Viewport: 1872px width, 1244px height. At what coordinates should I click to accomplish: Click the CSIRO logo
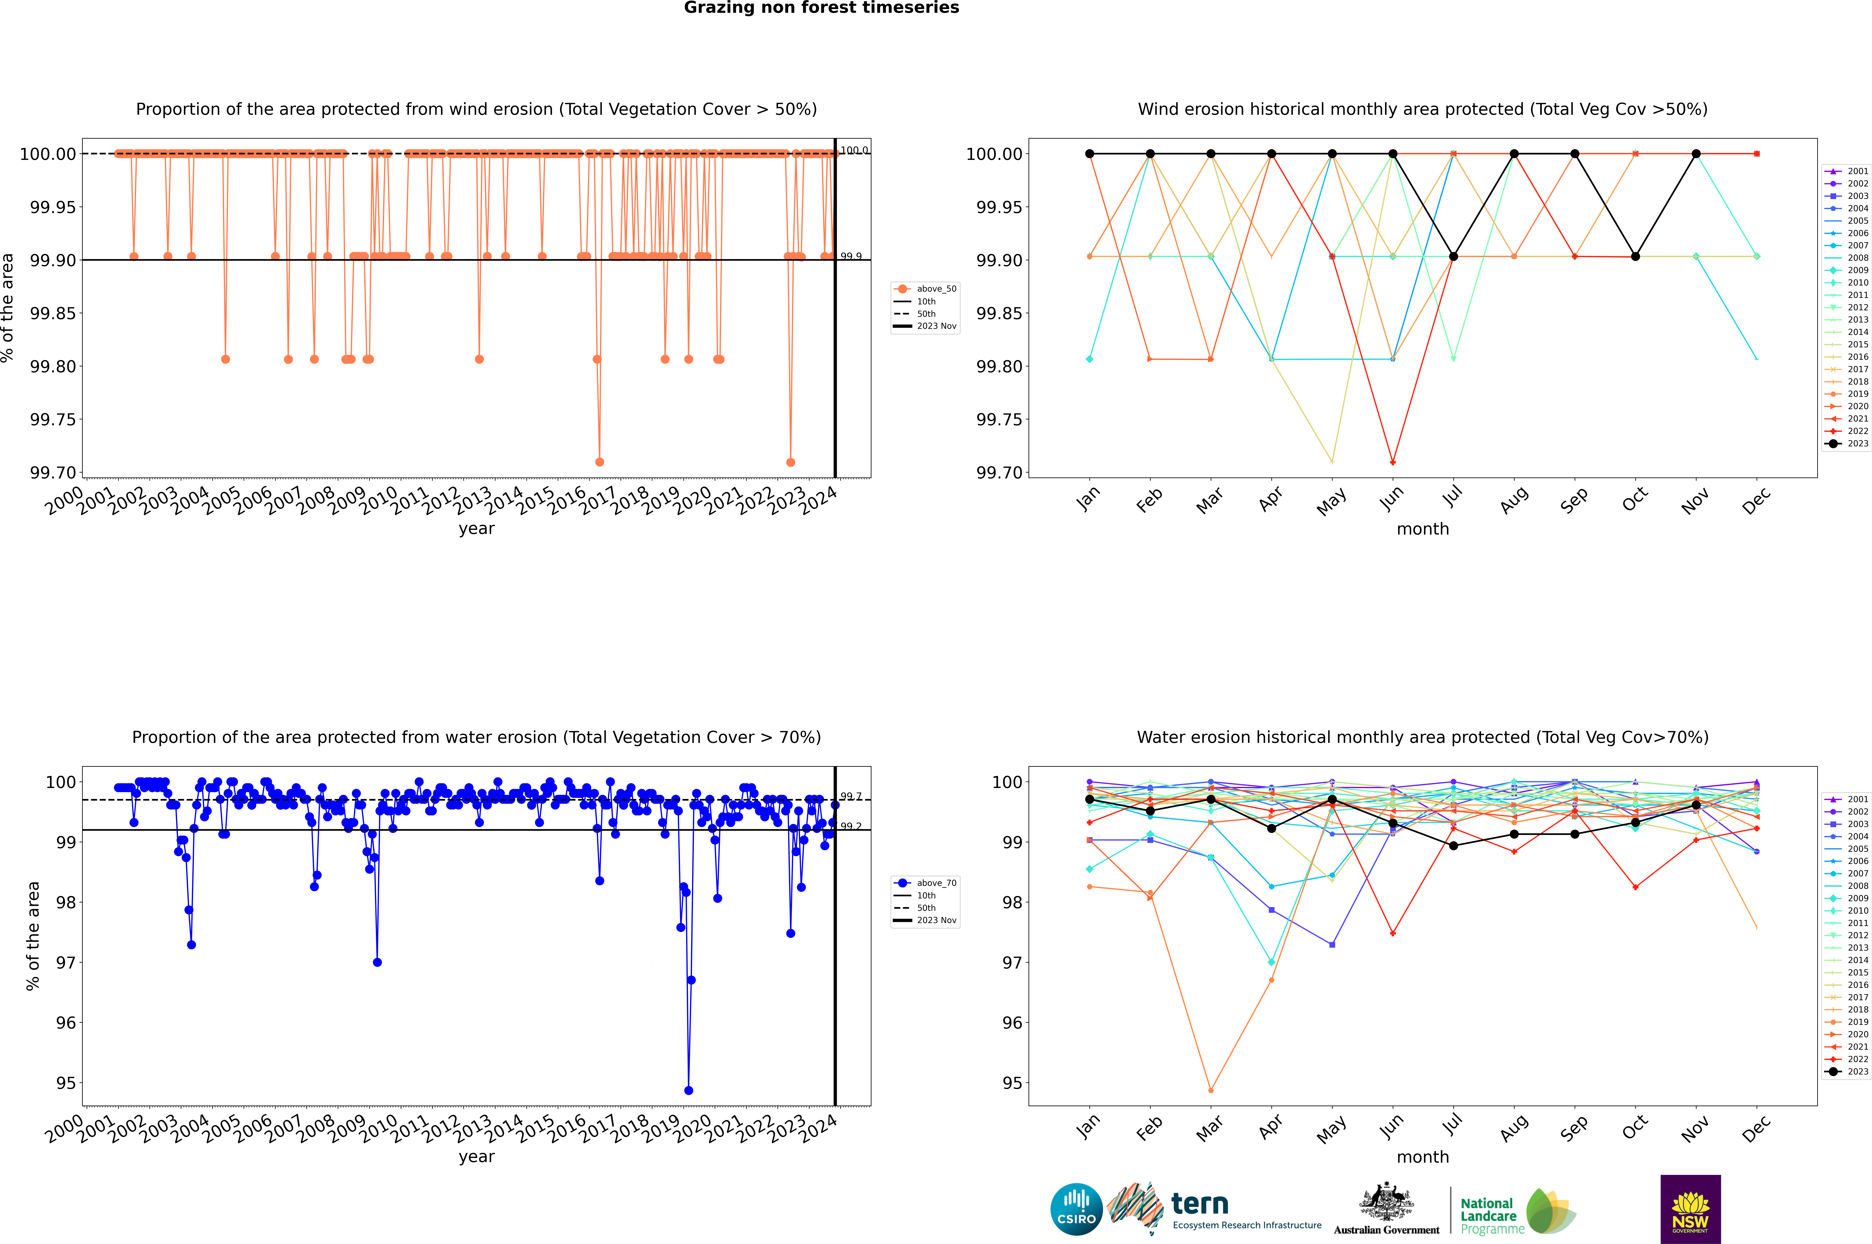point(1076,1209)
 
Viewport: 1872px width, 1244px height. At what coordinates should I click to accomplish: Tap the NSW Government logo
point(1690,1209)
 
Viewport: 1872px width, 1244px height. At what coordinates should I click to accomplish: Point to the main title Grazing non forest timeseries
point(821,8)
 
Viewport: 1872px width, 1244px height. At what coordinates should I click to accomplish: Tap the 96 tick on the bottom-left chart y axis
point(65,1023)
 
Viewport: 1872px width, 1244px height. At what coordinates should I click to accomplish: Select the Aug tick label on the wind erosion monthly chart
point(1514,500)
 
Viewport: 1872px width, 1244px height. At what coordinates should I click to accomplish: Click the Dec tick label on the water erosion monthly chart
point(1756,1128)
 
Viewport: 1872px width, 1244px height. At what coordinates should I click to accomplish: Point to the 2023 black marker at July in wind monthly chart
point(1453,256)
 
